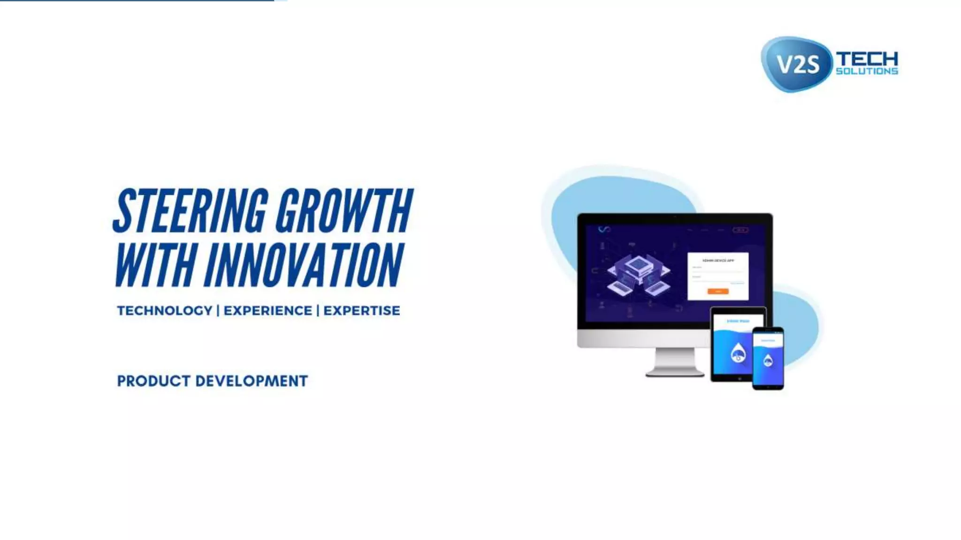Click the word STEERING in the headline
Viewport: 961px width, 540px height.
click(191, 210)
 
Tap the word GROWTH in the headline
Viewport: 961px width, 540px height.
click(343, 210)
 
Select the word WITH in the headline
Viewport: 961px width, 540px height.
click(155, 264)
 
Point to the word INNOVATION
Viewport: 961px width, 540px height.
click(303, 264)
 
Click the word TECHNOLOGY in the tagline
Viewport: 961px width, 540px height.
click(164, 311)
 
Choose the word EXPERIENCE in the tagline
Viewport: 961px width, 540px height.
click(267, 311)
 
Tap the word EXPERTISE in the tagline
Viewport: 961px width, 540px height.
click(362, 311)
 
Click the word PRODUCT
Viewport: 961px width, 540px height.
click(154, 381)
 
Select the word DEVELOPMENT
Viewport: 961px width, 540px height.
click(252, 381)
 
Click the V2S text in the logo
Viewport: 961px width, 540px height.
click(798, 64)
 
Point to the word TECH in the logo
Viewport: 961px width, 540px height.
click(867, 60)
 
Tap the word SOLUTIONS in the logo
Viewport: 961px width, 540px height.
click(867, 71)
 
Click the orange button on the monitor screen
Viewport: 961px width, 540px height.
click(718, 292)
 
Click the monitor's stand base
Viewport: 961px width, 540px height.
click(675, 373)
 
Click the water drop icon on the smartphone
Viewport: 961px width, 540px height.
click(768, 360)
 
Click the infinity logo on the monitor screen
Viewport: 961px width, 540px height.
click(604, 229)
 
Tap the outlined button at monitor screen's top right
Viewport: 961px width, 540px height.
click(740, 230)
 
